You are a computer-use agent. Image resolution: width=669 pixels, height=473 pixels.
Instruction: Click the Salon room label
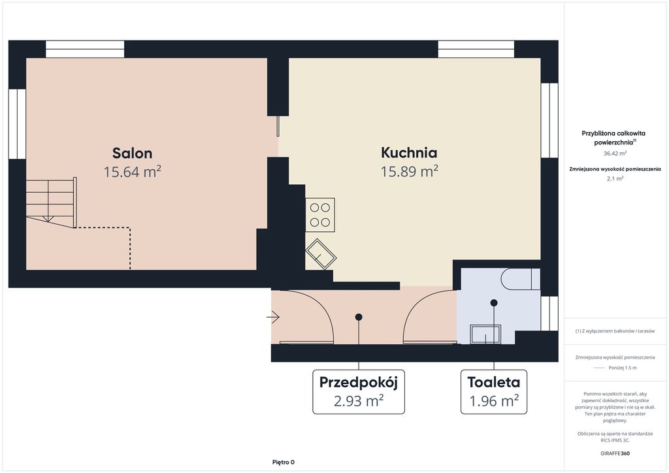click(x=132, y=153)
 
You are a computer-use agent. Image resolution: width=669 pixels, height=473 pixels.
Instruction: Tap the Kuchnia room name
click(x=409, y=152)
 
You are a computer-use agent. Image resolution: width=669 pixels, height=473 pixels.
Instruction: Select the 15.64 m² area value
click(x=132, y=171)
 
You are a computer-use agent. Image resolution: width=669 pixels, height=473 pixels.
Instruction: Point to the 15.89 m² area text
click(x=409, y=171)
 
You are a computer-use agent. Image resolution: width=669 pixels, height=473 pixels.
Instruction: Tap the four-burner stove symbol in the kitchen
click(x=320, y=215)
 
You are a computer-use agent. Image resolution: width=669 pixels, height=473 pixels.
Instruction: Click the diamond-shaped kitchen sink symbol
click(x=321, y=253)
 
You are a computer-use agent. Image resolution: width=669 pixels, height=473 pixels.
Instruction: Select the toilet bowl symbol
click(x=521, y=279)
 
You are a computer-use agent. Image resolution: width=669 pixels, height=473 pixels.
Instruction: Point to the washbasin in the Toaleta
click(x=485, y=334)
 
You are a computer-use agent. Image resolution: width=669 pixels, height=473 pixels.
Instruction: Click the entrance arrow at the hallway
click(x=273, y=317)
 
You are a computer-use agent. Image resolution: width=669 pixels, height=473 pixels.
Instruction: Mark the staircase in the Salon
click(x=51, y=203)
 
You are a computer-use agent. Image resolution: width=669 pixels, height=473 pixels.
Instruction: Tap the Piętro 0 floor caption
click(x=284, y=462)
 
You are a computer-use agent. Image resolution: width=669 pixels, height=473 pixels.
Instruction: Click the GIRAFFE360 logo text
click(x=615, y=453)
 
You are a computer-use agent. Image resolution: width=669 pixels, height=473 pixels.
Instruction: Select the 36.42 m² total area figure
click(x=615, y=153)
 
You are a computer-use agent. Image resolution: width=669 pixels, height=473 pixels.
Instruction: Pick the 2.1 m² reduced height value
click(x=615, y=178)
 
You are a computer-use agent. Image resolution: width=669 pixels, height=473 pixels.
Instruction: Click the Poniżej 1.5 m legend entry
click(x=623, y=368)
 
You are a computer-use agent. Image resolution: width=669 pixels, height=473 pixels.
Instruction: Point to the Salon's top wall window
click(x=85, y=49)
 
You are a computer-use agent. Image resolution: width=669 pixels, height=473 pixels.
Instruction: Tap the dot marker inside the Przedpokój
click(x=359, y=317)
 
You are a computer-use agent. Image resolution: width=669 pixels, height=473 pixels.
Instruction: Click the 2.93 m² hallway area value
click(x=359, y=401)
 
